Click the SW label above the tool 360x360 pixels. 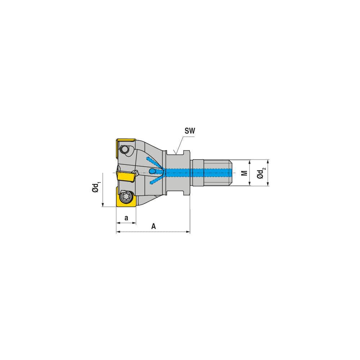190,131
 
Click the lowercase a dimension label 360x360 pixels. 126,218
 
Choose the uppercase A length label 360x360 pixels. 153,226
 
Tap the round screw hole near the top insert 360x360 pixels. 125,149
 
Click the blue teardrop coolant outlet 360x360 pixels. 153,171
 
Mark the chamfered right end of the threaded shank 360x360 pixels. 231,173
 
